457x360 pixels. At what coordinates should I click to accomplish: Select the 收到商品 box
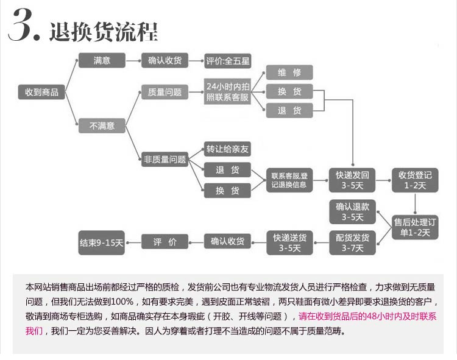pos(41,92)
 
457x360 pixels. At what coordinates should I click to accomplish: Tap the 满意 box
pos(102,60)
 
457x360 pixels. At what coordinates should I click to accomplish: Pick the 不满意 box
pos(102,126)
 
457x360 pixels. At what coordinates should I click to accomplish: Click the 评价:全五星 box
pos(227,60)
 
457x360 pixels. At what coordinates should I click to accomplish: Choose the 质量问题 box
pos(165,93)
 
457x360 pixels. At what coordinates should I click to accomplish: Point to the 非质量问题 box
pos(165,160)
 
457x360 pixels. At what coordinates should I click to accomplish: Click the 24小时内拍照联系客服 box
pos(227,92)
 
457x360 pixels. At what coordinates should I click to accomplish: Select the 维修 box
pos(289,72)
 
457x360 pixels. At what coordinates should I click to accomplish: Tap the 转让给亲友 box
pos(227,149)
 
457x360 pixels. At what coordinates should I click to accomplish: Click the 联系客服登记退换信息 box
pos(289,180)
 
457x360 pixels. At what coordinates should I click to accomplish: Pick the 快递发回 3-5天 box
pos(352,180)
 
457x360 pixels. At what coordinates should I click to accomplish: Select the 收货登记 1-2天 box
pos(415,180)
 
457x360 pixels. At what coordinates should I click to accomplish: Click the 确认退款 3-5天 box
pos(352,211)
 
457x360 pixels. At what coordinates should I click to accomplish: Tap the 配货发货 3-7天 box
pos(352,242)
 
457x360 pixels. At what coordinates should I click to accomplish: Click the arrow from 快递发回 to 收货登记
pos(383,180)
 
